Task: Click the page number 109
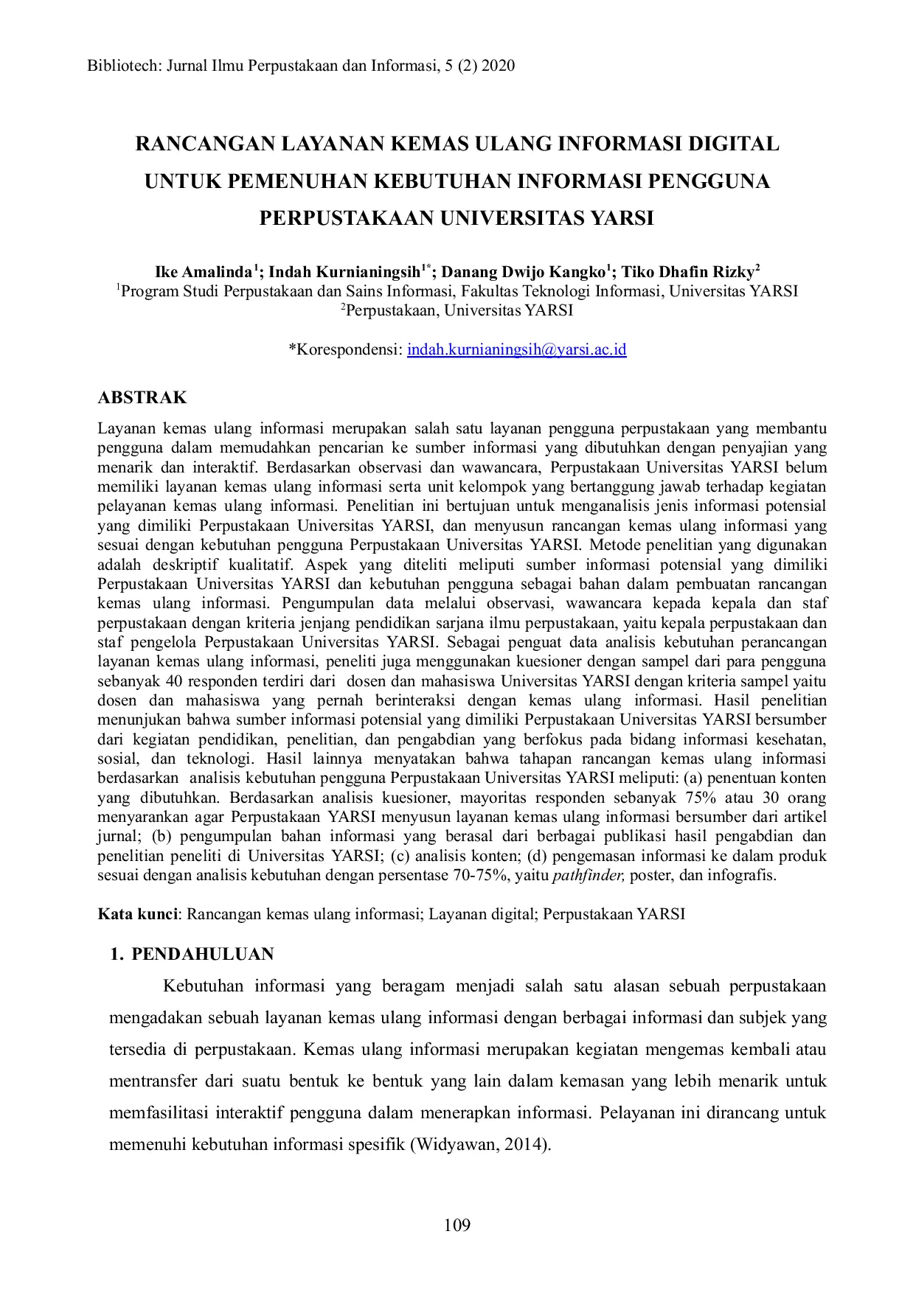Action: [x=457, y=1225]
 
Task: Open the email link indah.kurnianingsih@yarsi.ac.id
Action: [x=516, y=349]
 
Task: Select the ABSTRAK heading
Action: [x=142, y=398]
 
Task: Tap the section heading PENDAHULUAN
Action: [x=202, y=955]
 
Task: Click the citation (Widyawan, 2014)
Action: [x=481, y=1145]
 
